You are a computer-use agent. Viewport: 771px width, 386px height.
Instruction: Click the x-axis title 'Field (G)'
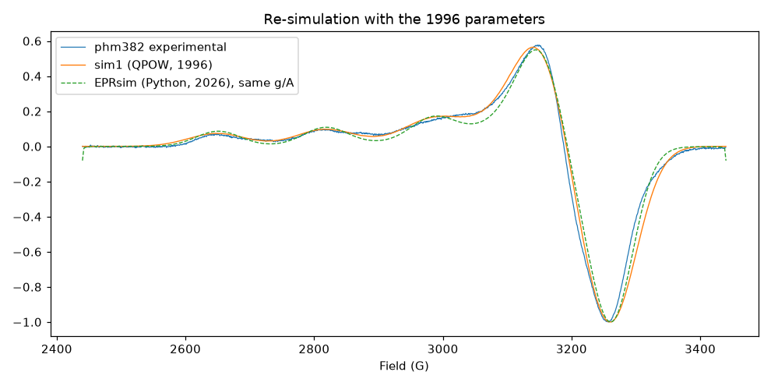pyautogui.click(x=403, y=367)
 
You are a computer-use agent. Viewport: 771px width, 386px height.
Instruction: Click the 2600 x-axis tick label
pyautogui.click(x=185, y=352)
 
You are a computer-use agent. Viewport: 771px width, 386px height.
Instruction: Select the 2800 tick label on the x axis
pyautogui.click(x=315, y=352)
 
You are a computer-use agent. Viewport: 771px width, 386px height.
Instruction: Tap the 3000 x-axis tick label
pyautogui.click(x=444, y=352)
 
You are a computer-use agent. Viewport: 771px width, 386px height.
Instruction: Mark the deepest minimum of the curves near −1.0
pyautogui.click(x=610, y=321)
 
